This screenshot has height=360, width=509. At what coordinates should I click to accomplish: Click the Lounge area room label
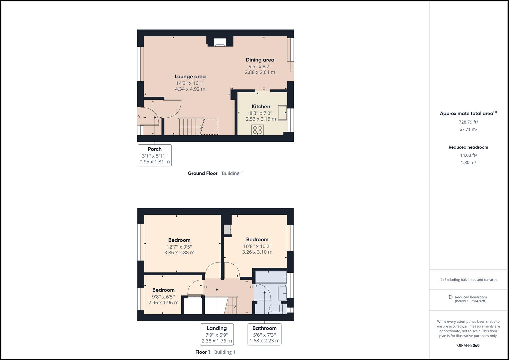coord(190,77)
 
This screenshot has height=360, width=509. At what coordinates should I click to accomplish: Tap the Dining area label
coord(260,60)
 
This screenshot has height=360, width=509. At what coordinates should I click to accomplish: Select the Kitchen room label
coord(261,106)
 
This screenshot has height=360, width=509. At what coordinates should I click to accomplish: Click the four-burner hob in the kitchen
coord(257,130)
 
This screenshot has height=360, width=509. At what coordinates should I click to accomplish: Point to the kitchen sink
coord(282,113)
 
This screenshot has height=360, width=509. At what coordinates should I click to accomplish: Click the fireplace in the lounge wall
coord(220,42)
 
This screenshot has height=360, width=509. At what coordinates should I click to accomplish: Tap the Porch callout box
coord(155,155)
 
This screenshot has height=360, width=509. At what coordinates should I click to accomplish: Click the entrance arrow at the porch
coord(138,117)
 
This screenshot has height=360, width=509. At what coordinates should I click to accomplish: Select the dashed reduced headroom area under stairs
coord(209,127)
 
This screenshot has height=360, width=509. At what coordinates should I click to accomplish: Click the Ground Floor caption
coord(202,173)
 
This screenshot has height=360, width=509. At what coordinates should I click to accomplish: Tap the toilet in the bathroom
coord(276,309)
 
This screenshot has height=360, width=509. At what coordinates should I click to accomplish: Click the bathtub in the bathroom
coord(271,277)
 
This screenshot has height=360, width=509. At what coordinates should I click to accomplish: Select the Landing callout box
coord(217,334)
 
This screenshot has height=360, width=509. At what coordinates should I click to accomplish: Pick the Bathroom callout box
coord(264,334)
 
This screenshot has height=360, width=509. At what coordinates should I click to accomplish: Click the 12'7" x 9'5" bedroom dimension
coord(179,247)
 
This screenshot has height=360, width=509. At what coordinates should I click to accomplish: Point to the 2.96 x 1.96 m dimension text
coord(163,303)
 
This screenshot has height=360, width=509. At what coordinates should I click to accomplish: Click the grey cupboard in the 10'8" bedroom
coord(227,229)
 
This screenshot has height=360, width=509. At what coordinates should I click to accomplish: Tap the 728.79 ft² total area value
coord(468,122)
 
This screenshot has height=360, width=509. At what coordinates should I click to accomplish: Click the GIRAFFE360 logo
coord(468,345)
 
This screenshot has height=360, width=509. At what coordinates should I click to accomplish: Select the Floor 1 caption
coord(203,352)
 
